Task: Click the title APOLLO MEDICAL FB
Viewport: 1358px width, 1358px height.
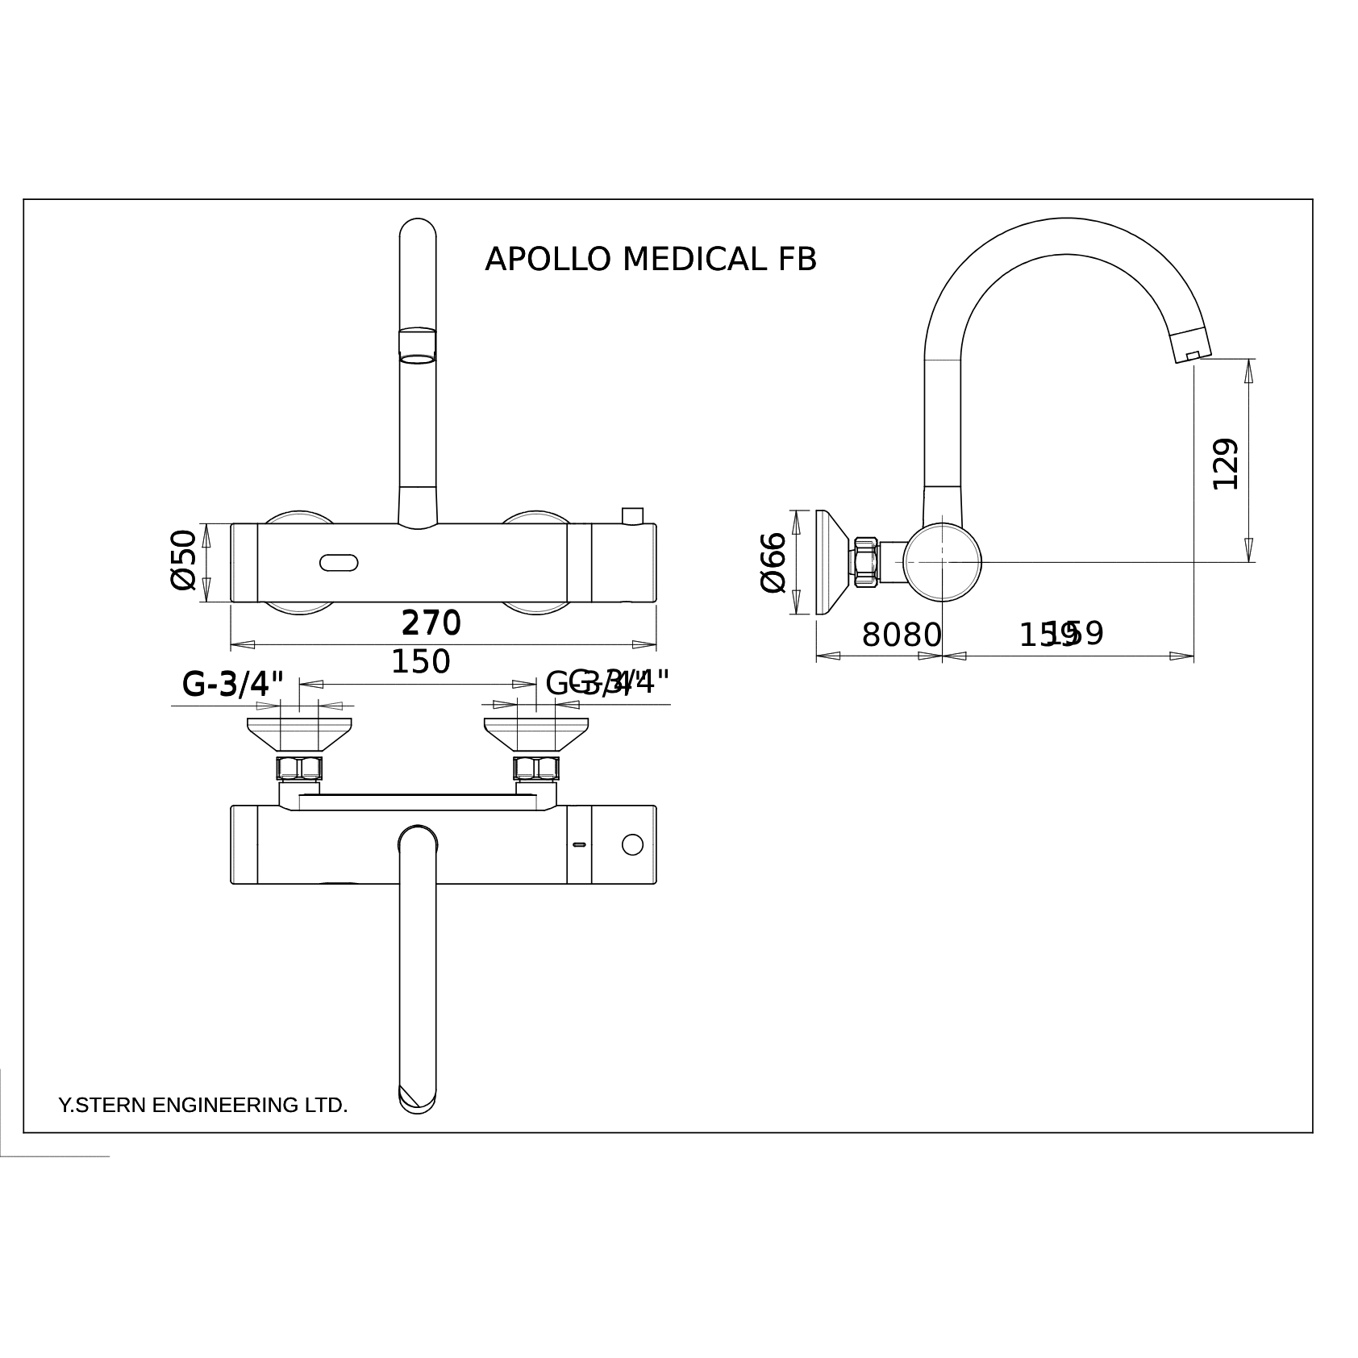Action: [650, 260]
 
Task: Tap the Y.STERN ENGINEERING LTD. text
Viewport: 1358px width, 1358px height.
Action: [203, 1105]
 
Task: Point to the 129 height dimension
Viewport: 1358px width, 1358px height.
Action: [1225, 463]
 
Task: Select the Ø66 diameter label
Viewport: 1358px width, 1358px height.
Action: [773, 562]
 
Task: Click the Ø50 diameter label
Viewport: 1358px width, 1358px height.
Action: [184, 560]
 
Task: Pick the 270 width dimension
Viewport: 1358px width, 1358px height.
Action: [431, 623]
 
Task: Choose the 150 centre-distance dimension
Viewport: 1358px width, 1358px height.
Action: [420, 662]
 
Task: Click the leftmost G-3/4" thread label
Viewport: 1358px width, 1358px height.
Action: [233, 685]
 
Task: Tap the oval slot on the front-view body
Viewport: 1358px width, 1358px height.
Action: [339, 562]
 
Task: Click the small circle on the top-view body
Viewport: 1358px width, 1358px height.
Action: [632, 844]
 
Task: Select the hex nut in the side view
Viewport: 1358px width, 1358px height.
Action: [865, 561]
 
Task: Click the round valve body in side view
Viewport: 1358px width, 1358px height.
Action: [942, 562]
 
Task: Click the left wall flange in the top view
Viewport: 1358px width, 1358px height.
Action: [299, 734]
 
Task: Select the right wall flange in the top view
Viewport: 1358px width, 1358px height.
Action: [535, 734]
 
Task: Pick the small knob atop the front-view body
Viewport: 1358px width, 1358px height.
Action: [632, 515]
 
